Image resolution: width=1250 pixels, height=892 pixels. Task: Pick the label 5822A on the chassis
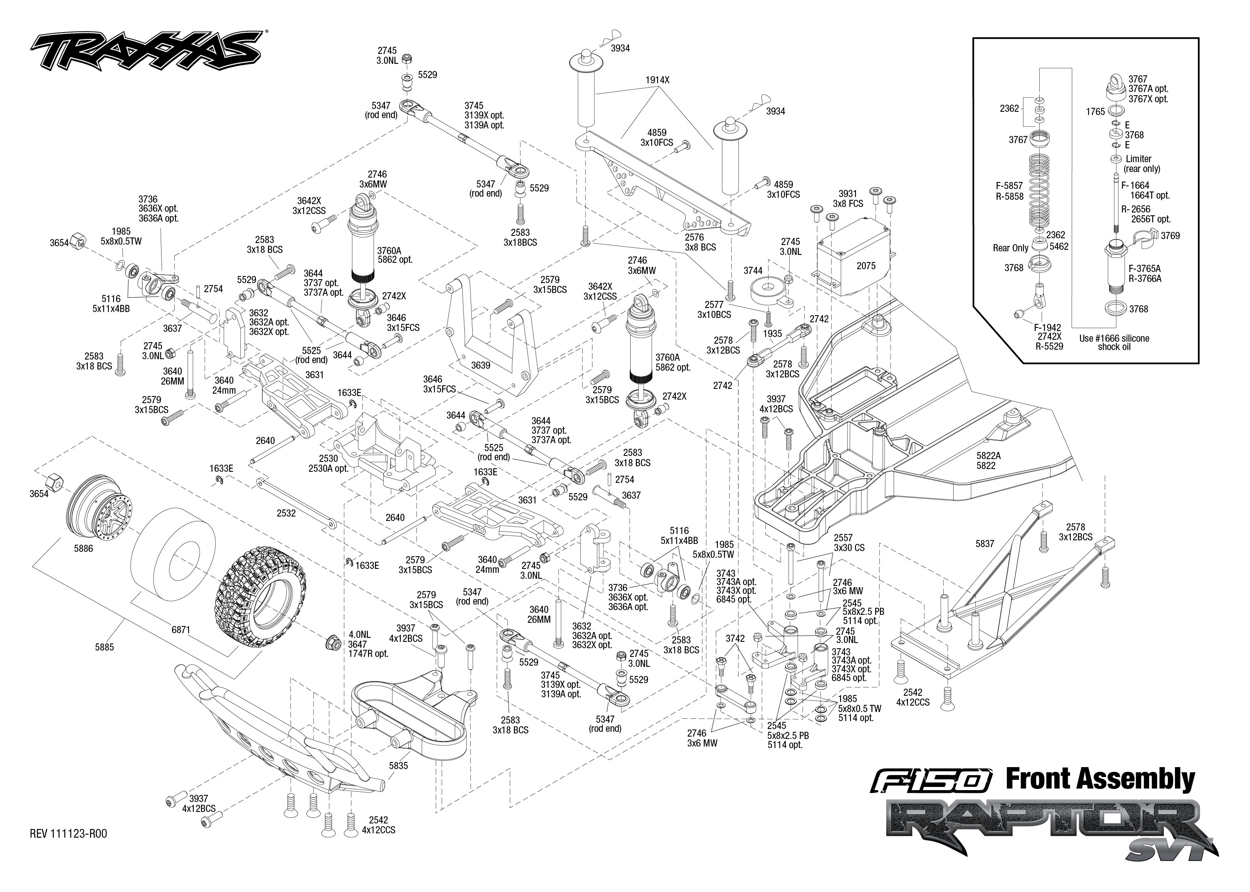pyautogui.click(x=988, y=456)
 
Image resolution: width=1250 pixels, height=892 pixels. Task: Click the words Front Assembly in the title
pyautogui.click(x=1100, y=779)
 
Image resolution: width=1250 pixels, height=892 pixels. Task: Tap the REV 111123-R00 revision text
pyautogui.click(x=69, y=834)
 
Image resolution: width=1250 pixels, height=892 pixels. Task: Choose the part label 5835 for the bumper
pyautogui.click(x=398, y=765)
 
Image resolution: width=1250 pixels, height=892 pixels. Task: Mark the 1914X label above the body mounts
pyautogui.click(x=658, y=80)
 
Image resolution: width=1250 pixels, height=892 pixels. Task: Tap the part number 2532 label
pyautogui.click(x=286, y=513)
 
